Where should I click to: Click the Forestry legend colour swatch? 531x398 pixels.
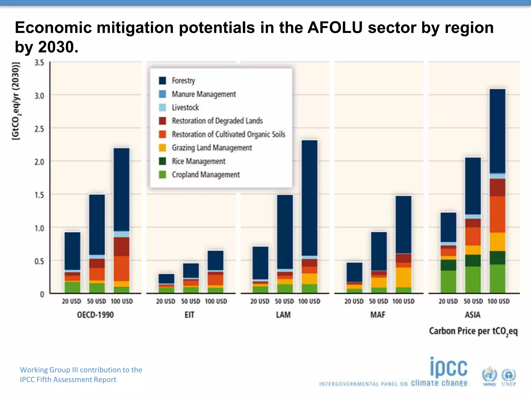coord(162,81)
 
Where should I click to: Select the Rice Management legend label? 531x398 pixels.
coord(199,161)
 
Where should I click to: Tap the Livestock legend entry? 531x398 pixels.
coord(185,108)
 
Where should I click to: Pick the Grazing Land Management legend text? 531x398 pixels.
coord(212,148)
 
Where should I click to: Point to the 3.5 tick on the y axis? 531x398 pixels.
coord(39,63)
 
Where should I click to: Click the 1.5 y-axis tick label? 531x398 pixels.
coord(39,195)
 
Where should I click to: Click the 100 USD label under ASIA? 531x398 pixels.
coord(498,301)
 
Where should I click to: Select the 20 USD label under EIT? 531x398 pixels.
coord(166,301)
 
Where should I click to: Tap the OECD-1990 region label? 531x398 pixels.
coord(95,315)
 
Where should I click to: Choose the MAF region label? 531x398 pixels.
coord(378,315)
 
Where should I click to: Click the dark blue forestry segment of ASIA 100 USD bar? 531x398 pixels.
coord(498,131)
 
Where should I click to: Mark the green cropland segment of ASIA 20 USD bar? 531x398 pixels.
coord(448,282)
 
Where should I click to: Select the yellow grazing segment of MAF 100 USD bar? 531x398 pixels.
coord(403,277)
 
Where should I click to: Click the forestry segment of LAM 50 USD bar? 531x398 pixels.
coord(285,232)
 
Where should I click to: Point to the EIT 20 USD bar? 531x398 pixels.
coord(166,283)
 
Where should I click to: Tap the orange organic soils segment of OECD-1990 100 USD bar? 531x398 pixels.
coord(122,268)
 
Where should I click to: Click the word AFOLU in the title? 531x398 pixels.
coord(335,28)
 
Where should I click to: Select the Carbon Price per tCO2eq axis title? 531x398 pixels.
coord(473,331)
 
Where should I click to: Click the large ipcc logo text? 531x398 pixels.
coord(449,368)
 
